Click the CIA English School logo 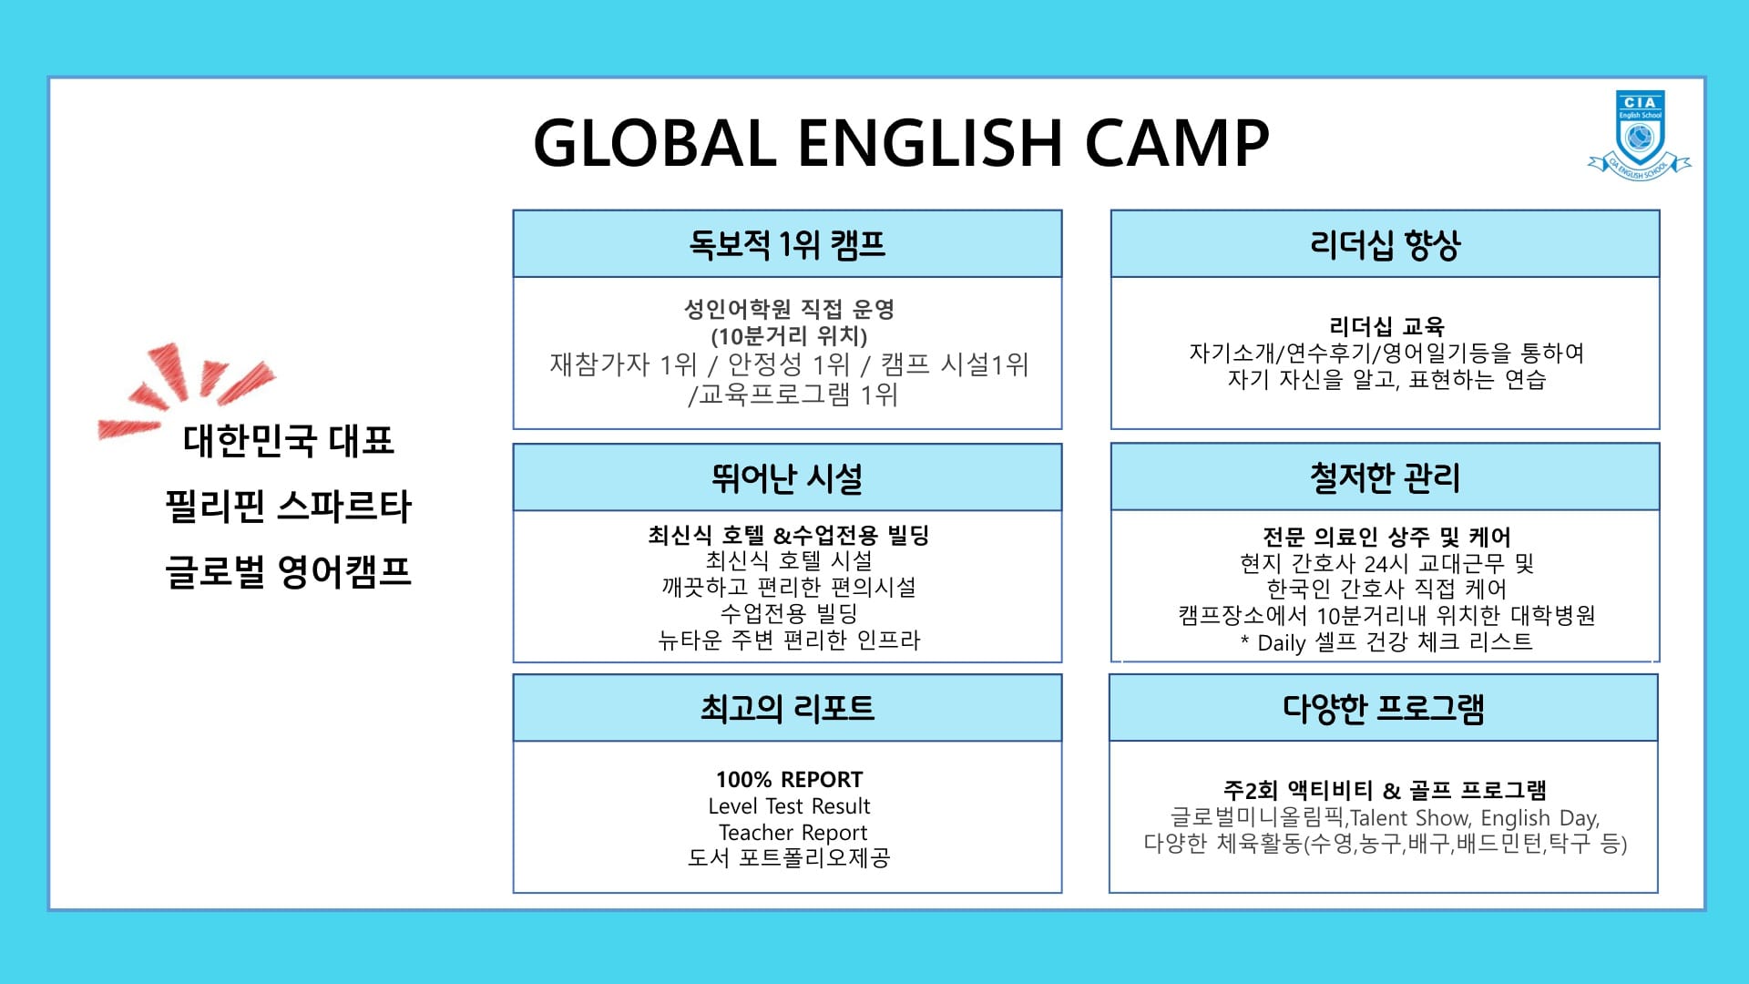[x=1640, y=135]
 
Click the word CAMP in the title [x=1177, y=143]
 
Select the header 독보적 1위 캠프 [x=787, y=244]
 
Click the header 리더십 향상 [x=1385, y=244]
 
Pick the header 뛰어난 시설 [x=787, y=477]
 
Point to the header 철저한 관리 [x=1385, y=477]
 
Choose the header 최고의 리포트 [x=787, y=708]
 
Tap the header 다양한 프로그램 [x=1384, y=708]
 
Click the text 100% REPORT [x=789, y=780]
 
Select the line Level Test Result [x=789, y=806]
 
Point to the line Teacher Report [x=793, y=833]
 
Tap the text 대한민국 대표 [x=289, y=441]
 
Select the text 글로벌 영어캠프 [x=289, y=572]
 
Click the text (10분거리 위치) [x=789, y=336]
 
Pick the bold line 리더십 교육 [x=1386, y=326]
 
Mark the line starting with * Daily [x=1386, y=642]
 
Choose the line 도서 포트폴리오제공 [x=789, y=858]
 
